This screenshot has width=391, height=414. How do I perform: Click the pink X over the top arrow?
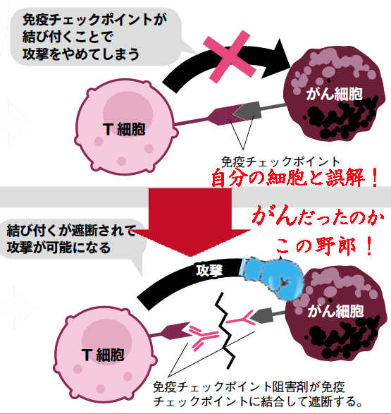pyautogui.click(x=228, y=56)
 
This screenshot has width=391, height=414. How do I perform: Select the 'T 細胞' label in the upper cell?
pyautogui.click(x=124, y=129)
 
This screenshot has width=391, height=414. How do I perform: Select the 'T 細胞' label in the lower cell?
pyautogui.click(x=103, y=354)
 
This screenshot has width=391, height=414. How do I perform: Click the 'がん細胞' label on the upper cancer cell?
pyautogui.click(x=335, y=94)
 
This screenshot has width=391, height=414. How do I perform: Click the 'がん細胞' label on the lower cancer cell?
pyautogui.click(x=335, y=311)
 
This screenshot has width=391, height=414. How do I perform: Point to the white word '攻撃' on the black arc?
pyautogui.click(x=209, y=271)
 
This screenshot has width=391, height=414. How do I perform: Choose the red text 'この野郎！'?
pyautogui.click(x=325, y=246)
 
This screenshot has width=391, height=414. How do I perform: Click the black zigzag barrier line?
pyautogui.click(x=225, y=331)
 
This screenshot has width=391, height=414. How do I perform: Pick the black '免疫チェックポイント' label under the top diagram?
pyautogui.click(x=280, y=162)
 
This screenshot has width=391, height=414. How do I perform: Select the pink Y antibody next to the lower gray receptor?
pyautogui.click(x=241, y=318)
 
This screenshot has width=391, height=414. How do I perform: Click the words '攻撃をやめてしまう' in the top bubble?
pyautogui.click(x=81, y=54)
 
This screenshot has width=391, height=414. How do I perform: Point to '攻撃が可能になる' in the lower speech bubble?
pyautogui.click(x=58, y=248)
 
